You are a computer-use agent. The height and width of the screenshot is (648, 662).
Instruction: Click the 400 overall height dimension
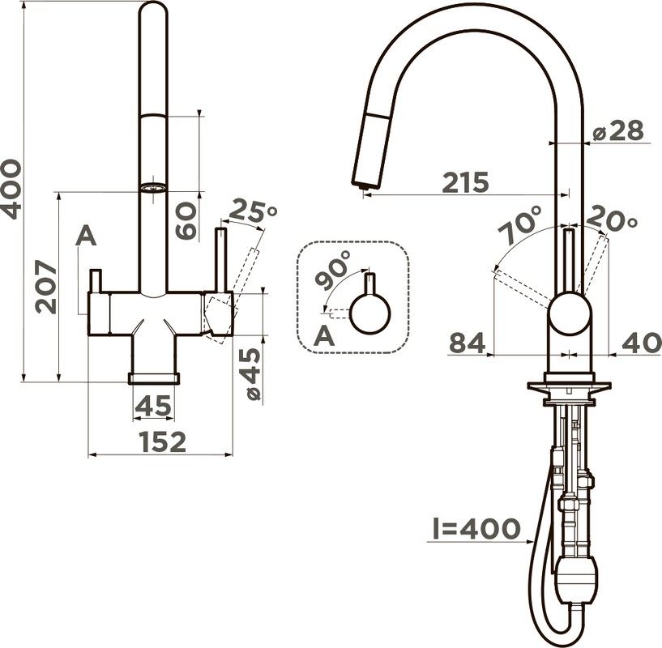point(11,189)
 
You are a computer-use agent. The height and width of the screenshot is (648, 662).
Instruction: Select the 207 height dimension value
point(45,287)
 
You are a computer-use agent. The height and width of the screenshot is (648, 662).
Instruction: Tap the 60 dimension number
point(186,221)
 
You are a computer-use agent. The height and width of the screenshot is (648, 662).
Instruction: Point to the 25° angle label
point(254,211)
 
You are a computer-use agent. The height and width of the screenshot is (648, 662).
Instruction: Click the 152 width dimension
point(163,441)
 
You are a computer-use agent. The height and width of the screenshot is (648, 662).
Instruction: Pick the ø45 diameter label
point(253,374)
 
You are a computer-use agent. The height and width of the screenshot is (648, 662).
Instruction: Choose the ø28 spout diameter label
point(618,130)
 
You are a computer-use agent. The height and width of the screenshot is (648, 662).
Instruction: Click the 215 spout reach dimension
point(465,182)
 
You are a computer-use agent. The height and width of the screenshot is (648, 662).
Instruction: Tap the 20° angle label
point(612,218)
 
